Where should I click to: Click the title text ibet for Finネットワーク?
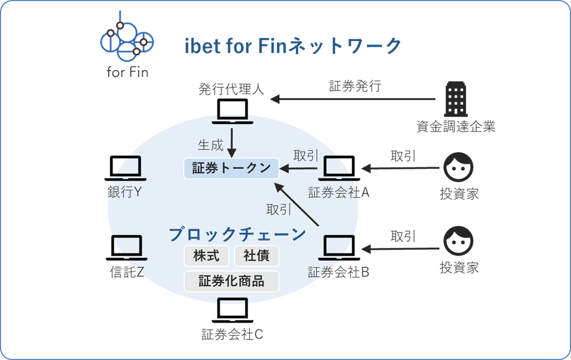[293, 46]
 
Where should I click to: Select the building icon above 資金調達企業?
[456, 99]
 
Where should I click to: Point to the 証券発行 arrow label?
[355, 86]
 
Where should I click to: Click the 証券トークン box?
[231, 168]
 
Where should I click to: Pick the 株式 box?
[206, 256]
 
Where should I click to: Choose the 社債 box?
[257, 256]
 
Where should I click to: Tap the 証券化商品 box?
[232, 281]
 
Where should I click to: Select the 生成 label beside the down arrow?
[210, 145]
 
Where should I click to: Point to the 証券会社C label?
[232, 334]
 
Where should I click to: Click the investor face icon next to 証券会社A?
[459, 165]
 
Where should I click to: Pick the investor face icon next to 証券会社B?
[459, 241]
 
